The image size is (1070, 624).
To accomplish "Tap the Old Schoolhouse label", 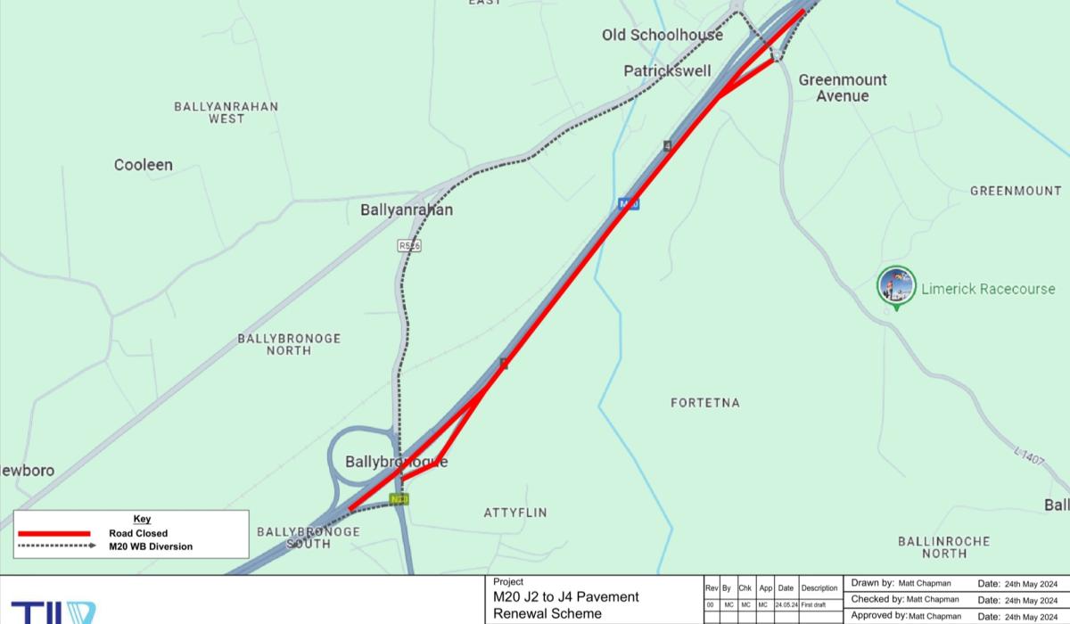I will coord(662,35).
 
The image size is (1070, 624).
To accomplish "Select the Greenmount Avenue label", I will coord(842,87).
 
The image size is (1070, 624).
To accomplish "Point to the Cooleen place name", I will coord(144,165).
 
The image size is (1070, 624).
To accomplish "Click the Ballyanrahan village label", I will coord(406,210).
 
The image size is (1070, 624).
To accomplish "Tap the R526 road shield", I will coord(409,245).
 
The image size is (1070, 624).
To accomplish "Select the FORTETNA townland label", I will coord(704,403).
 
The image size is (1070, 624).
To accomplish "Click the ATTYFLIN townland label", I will coord(515,513).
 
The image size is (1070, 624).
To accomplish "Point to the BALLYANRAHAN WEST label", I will coord(226,112).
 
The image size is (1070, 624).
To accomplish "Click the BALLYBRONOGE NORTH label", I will coord(289,345).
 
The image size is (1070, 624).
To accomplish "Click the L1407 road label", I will coord(1029,456).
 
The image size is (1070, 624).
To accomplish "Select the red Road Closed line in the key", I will coord(54,533).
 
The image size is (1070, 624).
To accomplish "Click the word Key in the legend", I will coord(142,519).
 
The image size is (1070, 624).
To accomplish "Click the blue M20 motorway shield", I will coord(629,204).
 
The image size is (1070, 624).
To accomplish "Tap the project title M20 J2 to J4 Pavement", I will coord(565,597).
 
